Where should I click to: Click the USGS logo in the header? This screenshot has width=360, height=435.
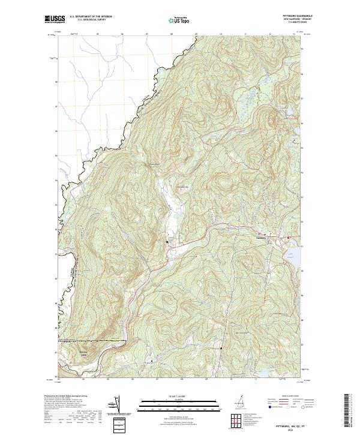coord(55,19)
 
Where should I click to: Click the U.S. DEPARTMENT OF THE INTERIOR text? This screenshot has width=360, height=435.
coord(91,16)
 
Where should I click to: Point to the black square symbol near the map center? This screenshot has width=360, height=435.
coord(167,242)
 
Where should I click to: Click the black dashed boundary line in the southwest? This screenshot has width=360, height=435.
coord(93,341)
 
